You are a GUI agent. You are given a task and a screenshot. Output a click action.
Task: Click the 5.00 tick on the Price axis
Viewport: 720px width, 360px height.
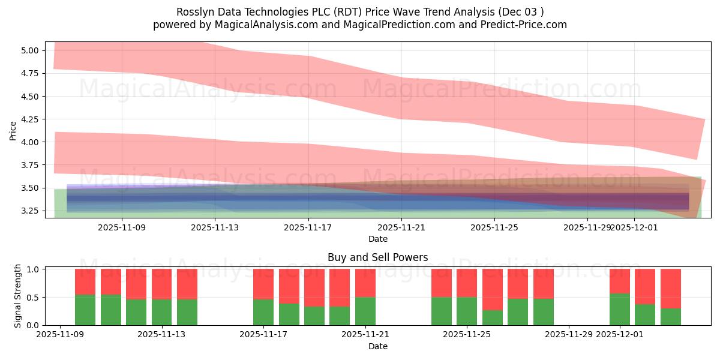29,50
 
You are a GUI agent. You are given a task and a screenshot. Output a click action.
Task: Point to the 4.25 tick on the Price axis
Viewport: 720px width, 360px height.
29,119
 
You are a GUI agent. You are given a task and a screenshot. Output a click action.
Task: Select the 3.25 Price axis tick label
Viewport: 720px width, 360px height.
29,211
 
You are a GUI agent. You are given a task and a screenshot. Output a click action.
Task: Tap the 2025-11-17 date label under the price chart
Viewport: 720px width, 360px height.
308,228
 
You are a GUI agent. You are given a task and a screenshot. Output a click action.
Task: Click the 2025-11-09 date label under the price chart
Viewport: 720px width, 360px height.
122,228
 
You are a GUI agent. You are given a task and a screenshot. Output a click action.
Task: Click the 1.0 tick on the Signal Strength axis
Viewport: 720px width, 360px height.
34,269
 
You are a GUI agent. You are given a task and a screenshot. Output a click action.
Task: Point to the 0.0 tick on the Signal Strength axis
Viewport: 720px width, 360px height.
34,325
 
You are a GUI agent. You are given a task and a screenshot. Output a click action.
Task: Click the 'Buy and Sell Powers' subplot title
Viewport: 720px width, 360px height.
377,257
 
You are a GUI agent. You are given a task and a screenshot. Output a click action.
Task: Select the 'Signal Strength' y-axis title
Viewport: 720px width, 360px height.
18,296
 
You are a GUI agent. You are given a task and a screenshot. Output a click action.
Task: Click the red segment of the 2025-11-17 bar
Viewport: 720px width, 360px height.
263,283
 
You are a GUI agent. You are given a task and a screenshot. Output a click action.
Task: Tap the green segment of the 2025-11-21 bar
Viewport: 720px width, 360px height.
365,311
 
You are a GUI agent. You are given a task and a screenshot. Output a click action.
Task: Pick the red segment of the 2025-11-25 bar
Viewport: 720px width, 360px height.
467,283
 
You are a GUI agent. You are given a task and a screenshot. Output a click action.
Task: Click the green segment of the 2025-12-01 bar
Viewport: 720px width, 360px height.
620,310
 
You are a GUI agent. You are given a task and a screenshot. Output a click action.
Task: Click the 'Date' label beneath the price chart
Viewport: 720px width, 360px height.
377,239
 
